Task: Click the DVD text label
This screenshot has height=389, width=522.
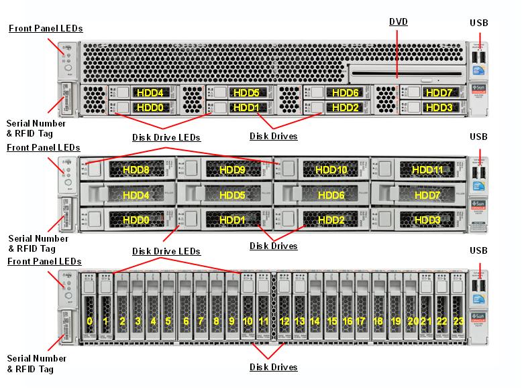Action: [399, 22]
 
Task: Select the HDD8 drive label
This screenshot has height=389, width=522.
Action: [136, 170]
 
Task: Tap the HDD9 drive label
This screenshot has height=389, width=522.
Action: [232, 170]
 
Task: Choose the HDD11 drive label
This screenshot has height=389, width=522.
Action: [427, 170]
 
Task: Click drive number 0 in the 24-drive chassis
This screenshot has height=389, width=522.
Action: [89, 321]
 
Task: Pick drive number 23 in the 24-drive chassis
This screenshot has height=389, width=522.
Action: [458, 321]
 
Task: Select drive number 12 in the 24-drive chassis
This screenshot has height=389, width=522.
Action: [284, 321]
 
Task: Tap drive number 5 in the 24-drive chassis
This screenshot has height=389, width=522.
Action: [168, 321]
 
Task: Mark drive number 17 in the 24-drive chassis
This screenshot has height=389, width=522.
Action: [361, 321]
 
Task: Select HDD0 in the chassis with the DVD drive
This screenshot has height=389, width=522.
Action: [150, 107]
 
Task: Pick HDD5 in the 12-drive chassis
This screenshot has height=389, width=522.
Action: [232, 196]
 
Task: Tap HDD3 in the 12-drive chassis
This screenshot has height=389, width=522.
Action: [427, 220]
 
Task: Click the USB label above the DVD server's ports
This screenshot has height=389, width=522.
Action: [478, 23]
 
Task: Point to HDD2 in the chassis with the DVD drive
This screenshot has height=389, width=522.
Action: [345, 107]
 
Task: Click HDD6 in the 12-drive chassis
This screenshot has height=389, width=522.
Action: [330, 196]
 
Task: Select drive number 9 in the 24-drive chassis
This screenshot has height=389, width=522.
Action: [231, 321]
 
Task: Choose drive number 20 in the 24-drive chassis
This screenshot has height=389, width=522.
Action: [412, 321]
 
